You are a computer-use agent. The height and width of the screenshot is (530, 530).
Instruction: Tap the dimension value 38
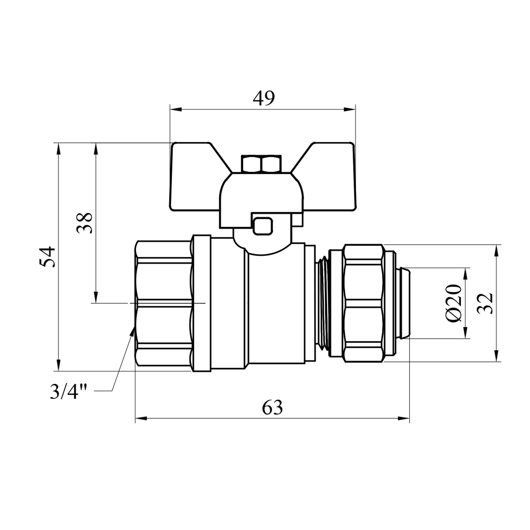coord(85,223)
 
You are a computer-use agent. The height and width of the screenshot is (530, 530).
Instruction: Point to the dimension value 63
coord(272,408)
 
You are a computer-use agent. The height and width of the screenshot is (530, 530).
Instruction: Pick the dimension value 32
coord(484,303)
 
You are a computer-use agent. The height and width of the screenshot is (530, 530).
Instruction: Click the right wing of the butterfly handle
coord(327,177)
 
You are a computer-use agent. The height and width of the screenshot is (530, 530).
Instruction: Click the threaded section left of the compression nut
coord(322,303)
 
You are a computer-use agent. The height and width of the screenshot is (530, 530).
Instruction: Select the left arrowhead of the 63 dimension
coord(141,419)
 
